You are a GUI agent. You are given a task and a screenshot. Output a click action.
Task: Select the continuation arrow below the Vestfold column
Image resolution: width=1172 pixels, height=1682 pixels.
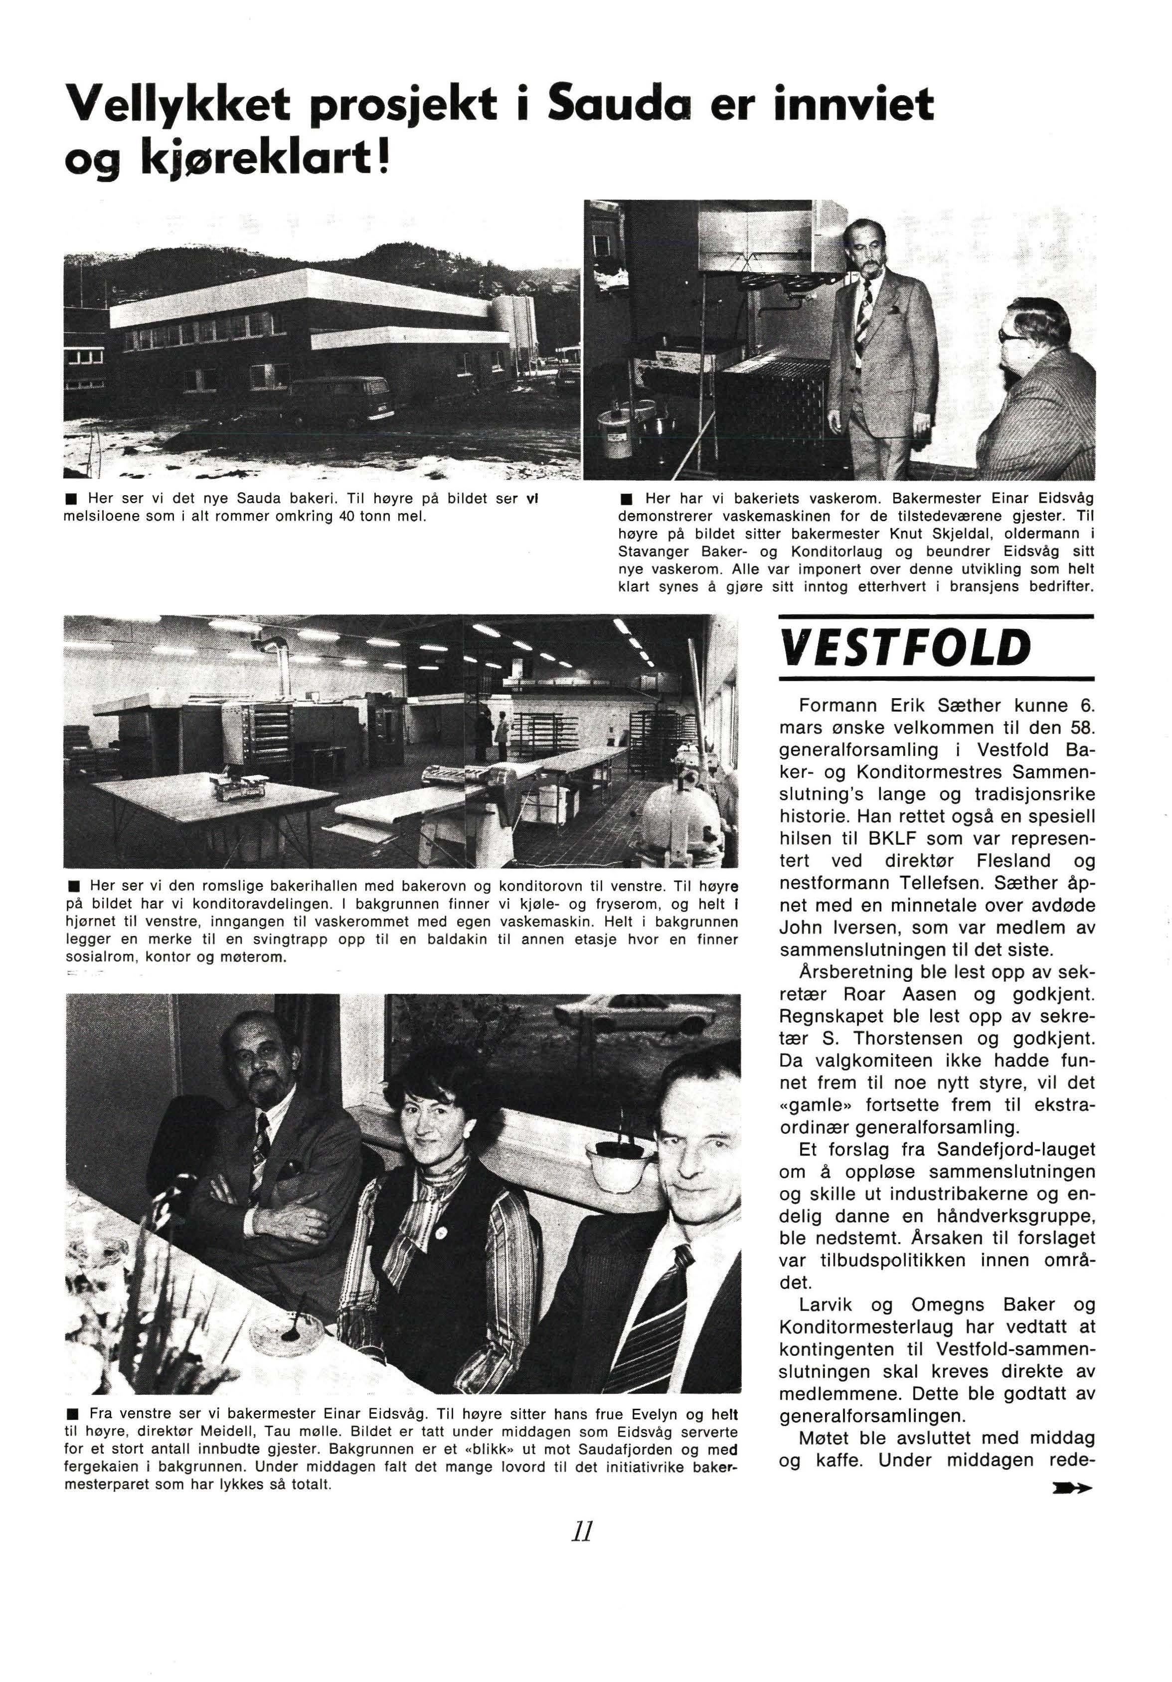1070,1489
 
